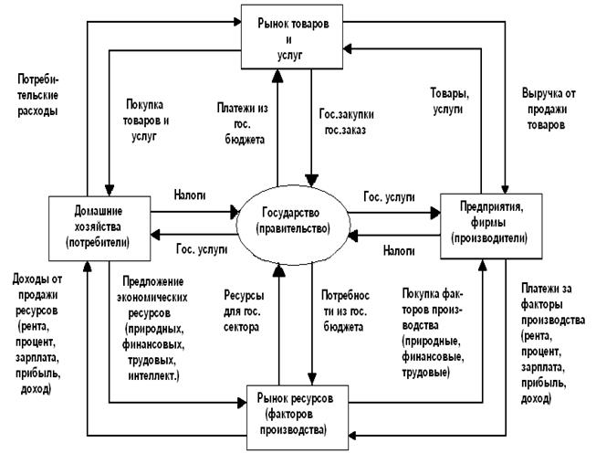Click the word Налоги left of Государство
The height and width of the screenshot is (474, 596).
pos(190,195)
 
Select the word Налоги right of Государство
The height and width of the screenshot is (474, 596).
pos(394,248)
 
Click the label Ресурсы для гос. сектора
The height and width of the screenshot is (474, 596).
pos(247,311)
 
